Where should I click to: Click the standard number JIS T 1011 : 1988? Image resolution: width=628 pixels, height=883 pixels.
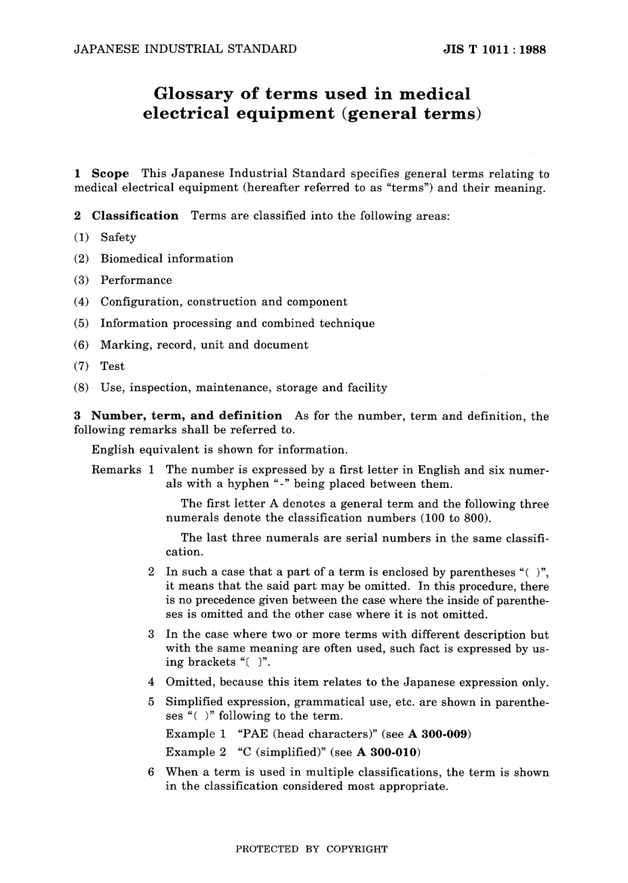[494, 50]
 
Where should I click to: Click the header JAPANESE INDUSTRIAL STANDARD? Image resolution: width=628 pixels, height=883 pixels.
[185, 49]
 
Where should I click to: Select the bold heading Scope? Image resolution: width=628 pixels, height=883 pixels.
[110, 174]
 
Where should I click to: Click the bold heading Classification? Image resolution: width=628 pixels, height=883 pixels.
[135, 215]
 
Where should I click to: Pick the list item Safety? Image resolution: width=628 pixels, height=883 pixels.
[118, 237]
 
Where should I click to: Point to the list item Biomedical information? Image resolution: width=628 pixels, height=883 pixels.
[167, 258]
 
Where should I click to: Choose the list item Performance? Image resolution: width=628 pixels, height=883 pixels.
[136, 280]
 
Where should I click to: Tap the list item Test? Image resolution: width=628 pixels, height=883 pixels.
[112, 366]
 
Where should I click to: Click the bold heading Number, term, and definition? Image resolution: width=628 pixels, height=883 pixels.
[186, 416]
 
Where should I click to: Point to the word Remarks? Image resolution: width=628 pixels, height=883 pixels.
[116, 470]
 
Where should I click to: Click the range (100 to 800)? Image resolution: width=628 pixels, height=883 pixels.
[454, 518]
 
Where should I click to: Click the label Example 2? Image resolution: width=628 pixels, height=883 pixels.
[196, 752]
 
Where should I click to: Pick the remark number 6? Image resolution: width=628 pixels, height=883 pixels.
[151, 772]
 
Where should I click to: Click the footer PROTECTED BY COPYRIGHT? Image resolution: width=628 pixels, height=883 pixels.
[311, 849]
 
